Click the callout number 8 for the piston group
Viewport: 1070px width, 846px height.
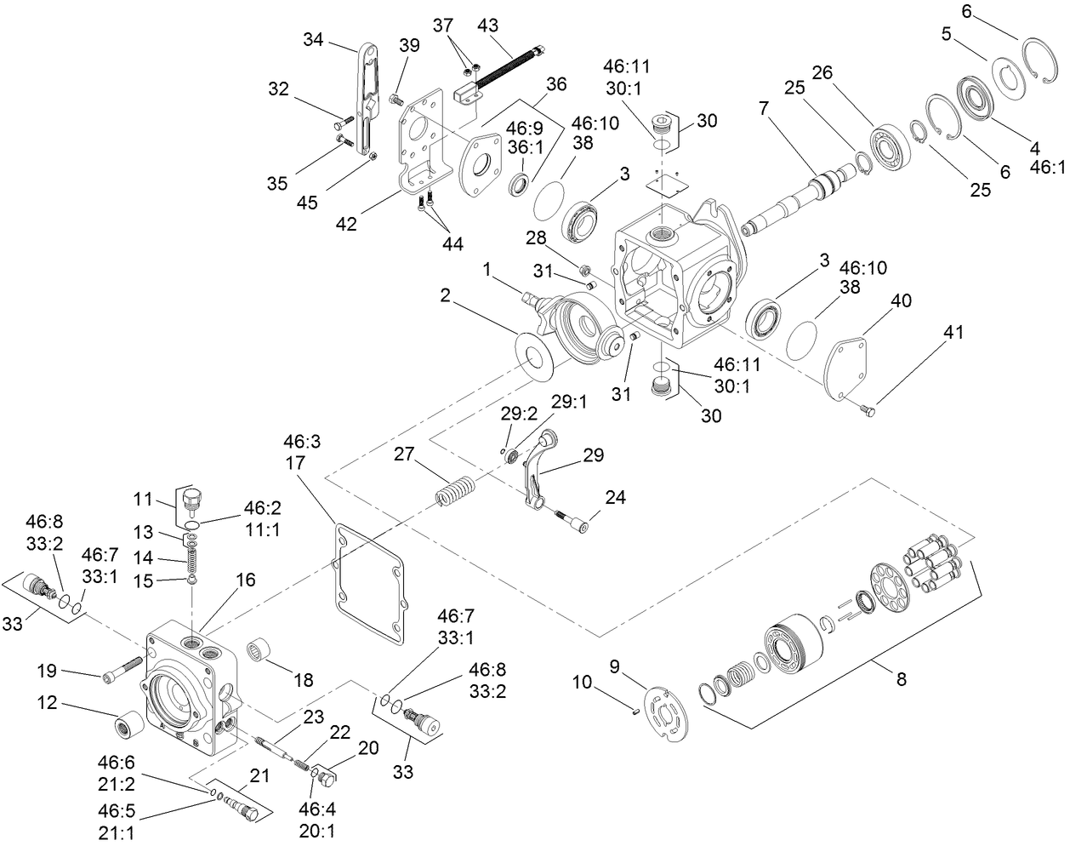pyautogui.click(x=901, y=679)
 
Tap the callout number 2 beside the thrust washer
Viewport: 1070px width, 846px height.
pyautogui.click(x=445, y=295)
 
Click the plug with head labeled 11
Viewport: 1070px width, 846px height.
pyautogui.click(x=191, y=499)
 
